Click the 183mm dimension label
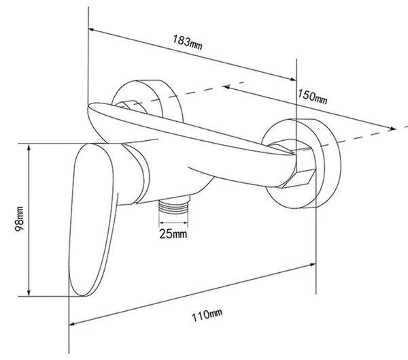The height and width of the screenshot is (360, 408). point(188,42)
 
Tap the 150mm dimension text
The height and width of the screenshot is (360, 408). point(312,97)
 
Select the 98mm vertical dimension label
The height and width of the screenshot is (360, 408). point(20,219)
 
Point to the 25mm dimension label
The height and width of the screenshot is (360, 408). point(173,233)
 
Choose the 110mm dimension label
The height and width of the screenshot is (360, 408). point(207,315)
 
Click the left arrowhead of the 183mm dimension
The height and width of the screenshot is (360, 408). point(91,30)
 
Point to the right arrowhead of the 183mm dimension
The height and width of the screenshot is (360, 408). point(293,79)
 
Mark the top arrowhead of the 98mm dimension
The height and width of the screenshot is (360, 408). point(29,147)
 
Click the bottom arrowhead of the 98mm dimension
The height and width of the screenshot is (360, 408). point(29,293)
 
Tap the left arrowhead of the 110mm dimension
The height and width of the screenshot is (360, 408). point(72,324)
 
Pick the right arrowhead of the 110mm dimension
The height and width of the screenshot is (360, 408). point(312,265)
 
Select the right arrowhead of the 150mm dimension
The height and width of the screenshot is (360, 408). point(392,128)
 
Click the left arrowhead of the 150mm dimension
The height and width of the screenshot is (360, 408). point(226,86)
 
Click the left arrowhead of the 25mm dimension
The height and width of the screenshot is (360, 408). point(161,223)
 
